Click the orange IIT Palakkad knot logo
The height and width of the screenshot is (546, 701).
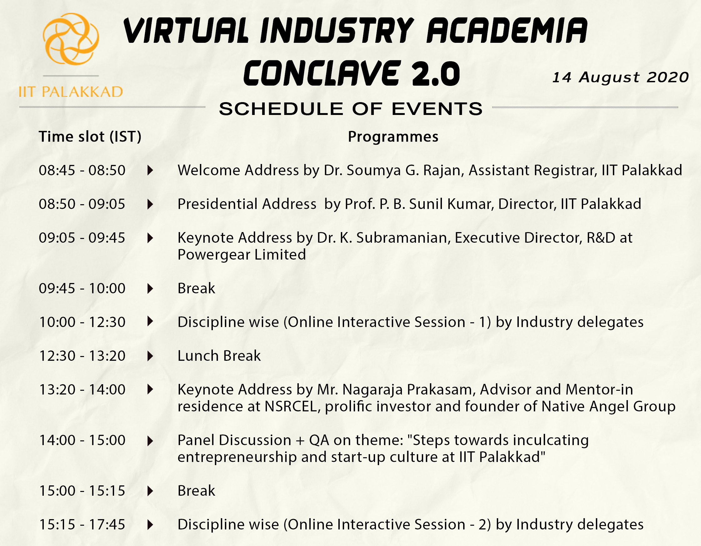(x=71, y=39)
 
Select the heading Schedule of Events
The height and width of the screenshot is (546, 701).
(x=351, y=109)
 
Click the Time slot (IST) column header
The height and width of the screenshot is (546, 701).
(x=90, y=137)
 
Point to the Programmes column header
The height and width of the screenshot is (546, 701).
(x=393, y=137)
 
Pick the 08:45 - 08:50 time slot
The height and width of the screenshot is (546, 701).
(x=82, y=170)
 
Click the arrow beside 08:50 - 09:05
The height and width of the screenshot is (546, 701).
(x=150, y=204)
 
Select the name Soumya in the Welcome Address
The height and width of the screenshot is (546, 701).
(x=374, y=171)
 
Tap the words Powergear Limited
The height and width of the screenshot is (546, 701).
(x=242, y=255)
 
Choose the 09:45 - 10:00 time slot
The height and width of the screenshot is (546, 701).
(x=82, y=288)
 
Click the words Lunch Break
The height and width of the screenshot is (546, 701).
(x=219, y=356)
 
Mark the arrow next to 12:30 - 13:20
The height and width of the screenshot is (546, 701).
(x=150, y=356)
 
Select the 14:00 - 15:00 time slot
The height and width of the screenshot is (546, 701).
(x=82, y=440)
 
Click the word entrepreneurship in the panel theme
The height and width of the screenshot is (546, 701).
(x=237, y=458)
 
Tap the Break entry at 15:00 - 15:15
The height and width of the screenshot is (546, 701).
(x=197, y=491)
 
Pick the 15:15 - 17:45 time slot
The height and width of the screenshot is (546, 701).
(x=82, y=524)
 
